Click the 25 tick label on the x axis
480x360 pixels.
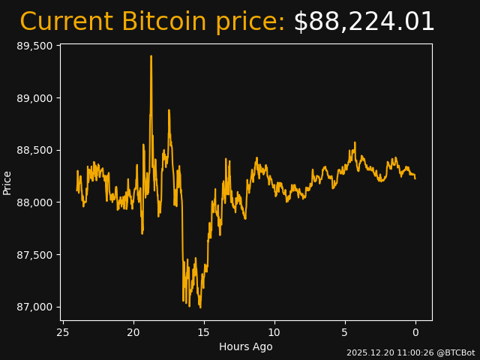[x=63, y=332]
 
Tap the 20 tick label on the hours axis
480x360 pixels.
[x=133, y=332]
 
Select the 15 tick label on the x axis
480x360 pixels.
[x=204, y=332]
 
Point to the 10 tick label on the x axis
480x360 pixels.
[x=274, y=332]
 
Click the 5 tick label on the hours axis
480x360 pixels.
[x=345, y=332]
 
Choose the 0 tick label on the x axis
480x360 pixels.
[x=415, y=332]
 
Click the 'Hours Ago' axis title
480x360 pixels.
[x=245, y=346]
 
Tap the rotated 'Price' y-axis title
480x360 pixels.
[x=7, y=182]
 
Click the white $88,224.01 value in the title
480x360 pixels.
[x=364, y=22]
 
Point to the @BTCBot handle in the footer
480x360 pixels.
[x=454, y=352]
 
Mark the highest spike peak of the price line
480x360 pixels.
[x=151, y=56]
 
